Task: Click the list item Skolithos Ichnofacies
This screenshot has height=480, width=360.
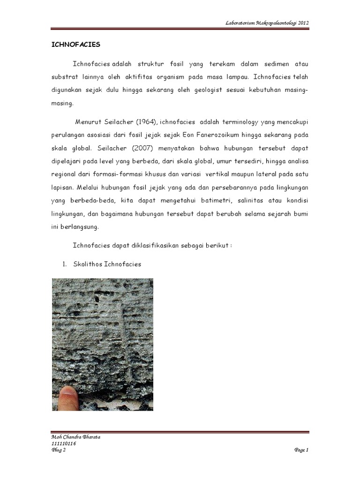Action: point(107,264)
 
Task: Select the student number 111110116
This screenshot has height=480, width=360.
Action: point(63,443)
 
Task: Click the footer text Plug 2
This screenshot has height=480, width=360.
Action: point(59,450)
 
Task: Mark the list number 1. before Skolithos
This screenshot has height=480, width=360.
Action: point(65,264)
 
